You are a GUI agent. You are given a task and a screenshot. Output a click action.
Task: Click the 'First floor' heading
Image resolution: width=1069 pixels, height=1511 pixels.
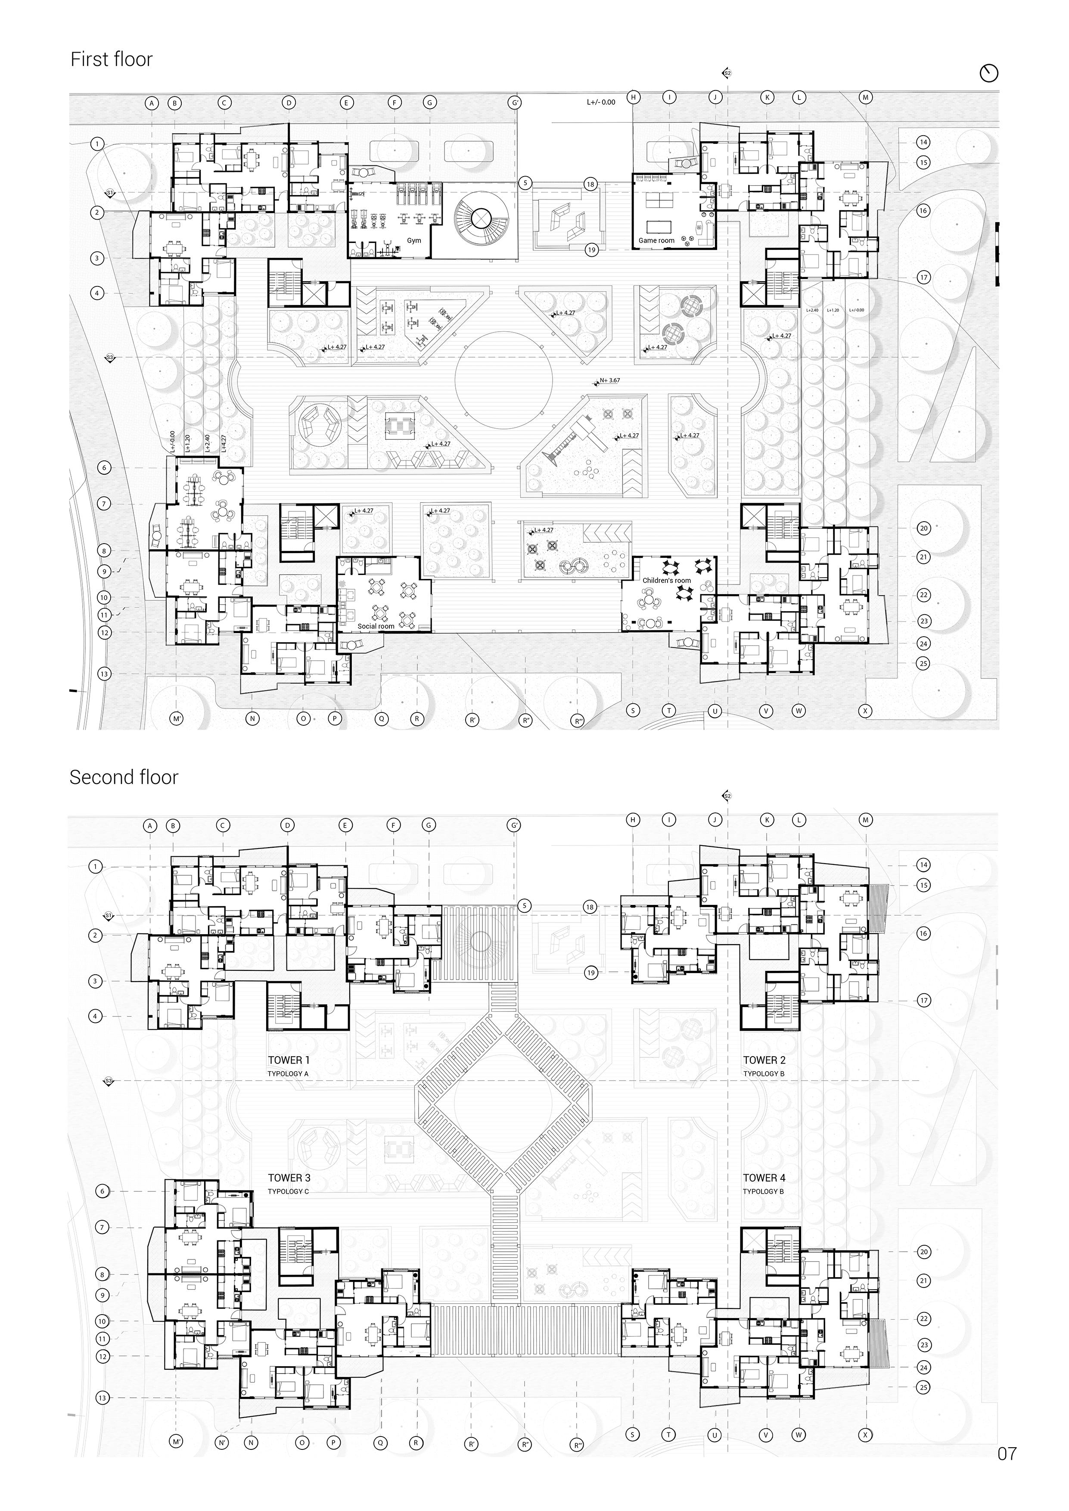pos(111,59)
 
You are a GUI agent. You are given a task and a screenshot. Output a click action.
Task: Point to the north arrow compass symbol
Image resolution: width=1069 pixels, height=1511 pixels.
pos(989,73)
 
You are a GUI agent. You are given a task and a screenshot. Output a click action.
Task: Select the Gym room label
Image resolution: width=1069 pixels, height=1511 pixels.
pos(413,240)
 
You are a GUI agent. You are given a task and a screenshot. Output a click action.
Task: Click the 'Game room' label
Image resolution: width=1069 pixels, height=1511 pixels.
pos(656,240)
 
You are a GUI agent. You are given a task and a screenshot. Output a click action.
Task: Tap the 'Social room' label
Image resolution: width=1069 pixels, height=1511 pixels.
pos(376,626)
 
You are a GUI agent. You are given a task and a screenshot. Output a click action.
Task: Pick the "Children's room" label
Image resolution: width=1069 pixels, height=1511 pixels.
pos(667,581)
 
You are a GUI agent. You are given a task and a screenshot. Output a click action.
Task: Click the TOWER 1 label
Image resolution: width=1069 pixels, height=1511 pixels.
pos(288,1060)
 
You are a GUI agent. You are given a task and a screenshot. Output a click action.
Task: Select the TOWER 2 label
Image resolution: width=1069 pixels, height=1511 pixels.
pos(764,1060)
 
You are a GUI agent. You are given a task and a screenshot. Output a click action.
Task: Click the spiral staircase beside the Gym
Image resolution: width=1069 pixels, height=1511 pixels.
pos(481,218)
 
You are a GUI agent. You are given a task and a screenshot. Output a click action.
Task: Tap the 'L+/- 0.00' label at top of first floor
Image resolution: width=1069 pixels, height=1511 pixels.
pos(601,103)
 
